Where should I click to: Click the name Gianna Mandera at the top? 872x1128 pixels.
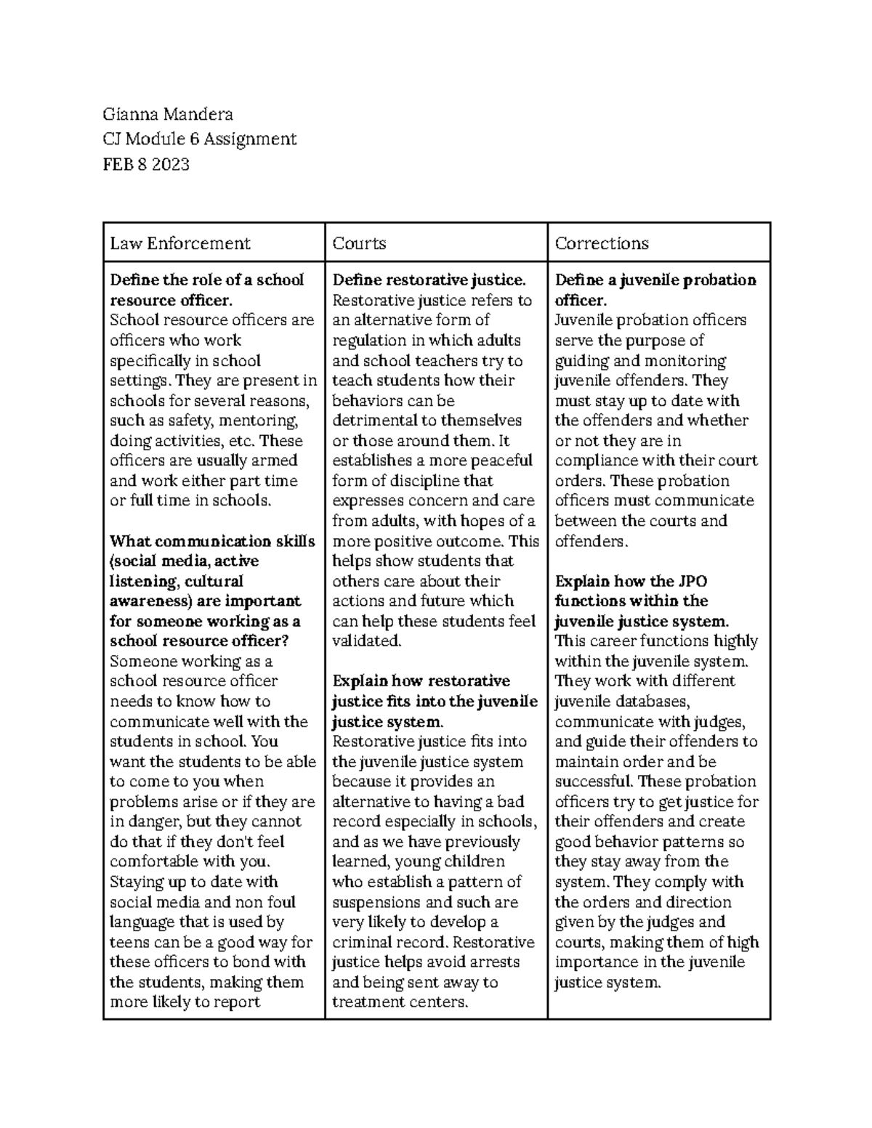168,114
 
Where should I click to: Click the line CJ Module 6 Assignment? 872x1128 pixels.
200,139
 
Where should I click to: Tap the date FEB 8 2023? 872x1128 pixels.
146,164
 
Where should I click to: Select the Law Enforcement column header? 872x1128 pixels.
179,243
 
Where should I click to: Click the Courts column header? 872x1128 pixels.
359,243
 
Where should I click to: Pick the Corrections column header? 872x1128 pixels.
601,243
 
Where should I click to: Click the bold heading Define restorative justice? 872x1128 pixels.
428,280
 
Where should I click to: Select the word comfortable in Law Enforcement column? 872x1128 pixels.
154,862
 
